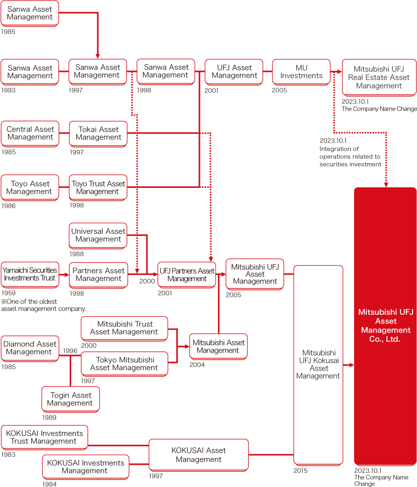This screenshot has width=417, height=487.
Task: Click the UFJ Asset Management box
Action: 235,71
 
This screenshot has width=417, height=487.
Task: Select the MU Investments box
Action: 301,71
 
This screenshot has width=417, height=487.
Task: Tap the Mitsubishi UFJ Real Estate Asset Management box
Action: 379,78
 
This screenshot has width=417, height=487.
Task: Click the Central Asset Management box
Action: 30,133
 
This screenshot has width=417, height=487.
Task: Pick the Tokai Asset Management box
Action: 98,133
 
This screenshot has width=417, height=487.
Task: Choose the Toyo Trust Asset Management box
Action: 98,187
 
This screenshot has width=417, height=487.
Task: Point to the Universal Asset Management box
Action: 98,235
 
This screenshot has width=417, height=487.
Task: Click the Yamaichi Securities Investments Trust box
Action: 30,274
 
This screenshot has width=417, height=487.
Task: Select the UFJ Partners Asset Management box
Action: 187,274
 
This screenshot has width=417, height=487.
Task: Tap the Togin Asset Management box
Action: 71,399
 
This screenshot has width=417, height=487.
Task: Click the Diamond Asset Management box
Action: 30,348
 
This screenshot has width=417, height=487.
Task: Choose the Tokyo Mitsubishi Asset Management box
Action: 125,363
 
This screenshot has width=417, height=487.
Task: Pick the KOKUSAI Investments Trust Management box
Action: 45,437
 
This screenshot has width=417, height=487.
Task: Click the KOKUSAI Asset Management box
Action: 199,455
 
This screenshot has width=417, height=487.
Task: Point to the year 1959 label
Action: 8,293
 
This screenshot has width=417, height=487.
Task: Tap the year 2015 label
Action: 300,470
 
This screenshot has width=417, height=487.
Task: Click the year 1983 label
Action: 8,454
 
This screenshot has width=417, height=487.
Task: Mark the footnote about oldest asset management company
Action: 44,305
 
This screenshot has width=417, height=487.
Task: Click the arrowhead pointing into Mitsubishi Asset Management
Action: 186,346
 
